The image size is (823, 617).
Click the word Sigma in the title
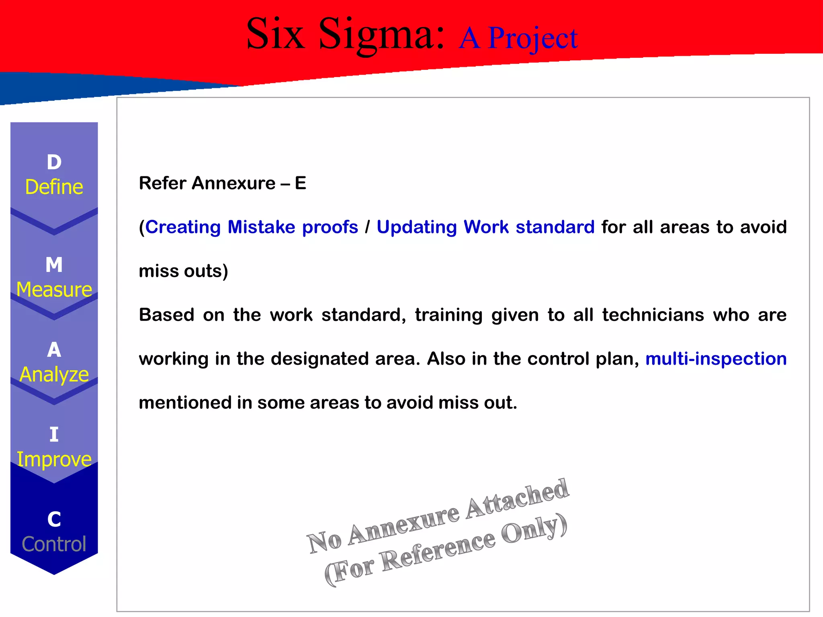(x=382, y=35)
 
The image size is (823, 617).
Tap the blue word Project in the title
(x=532, y=39)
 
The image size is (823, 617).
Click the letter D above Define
(x=54, y=162)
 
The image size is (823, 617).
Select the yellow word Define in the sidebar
(x=54, y=187)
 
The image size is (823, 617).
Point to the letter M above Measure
(x=54, y=265)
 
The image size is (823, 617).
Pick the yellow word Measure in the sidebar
(x=54, y=290)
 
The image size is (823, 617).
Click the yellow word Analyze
(x=54, y=374)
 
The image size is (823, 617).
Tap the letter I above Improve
(x=54, y=435)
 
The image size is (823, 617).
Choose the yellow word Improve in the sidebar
(x=54, y=459)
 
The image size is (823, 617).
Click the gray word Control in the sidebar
(x=54, y=544)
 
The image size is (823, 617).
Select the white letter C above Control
(x=54, y=519)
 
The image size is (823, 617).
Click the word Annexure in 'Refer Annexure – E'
(x=233, y=183)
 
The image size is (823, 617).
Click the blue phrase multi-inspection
(x=716, y=359)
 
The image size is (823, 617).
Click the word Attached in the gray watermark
(x=518, y=499)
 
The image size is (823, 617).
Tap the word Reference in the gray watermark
(x=438, y=550)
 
